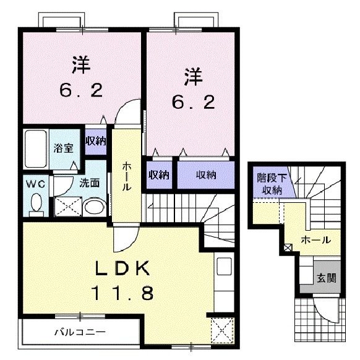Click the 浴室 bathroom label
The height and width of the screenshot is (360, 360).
click(62, 148)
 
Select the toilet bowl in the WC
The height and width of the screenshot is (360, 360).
click(36, 203)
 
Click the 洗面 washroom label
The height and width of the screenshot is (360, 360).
click(89, 183)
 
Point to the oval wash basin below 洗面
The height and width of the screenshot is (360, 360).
click(95, 206)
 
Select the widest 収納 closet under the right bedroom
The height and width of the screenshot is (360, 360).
click(207, 175)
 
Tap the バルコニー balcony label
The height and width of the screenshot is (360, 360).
click(75, 331)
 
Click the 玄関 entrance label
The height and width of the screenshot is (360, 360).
click(327, 278)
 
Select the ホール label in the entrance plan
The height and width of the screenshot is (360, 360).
click(315, 239)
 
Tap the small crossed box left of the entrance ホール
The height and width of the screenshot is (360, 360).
click(288, 249)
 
